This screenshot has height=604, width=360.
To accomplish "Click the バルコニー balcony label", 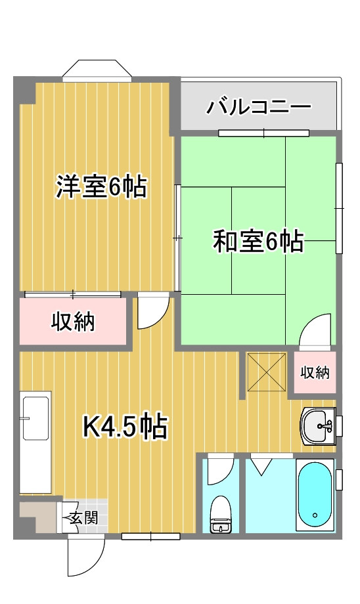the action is (259, 106).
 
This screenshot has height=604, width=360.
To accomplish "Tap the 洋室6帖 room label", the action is (101, 187).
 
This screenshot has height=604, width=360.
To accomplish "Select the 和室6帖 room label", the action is (258, 241).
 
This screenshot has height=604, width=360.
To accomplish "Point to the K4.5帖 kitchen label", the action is (125, 427).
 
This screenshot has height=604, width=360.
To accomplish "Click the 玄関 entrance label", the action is (83, 518).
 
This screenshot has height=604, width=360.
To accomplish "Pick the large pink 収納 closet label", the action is (73, 321).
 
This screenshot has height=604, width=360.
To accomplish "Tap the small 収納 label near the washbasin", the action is (315, 372).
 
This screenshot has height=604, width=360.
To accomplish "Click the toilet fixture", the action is (220, 514).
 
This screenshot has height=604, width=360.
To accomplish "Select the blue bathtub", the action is (315, 496).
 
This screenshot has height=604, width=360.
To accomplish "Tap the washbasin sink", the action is (317, 425).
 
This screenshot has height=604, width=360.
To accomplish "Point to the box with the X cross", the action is (266, 372).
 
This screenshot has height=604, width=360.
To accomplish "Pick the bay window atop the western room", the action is (97, 70).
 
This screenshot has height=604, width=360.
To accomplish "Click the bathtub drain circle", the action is (315, 515).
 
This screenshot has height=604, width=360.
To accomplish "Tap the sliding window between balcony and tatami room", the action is (263, 133).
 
